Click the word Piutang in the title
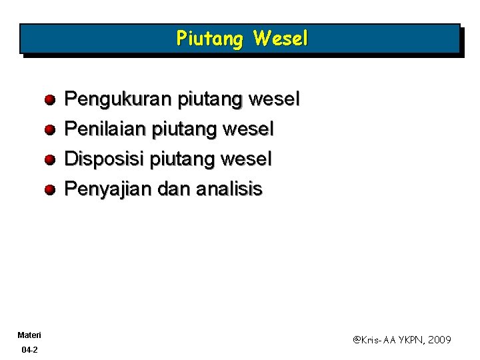point(210,39)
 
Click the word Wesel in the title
point(281,39)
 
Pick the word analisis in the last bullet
point(229,189)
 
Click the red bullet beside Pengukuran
point(50,100)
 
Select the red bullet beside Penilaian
point(50,129)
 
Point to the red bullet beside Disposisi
point(50,159)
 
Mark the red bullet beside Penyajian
point(50,189)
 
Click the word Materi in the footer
point(30,334)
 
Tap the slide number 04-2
point(29,349)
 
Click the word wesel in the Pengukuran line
point(274,100)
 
